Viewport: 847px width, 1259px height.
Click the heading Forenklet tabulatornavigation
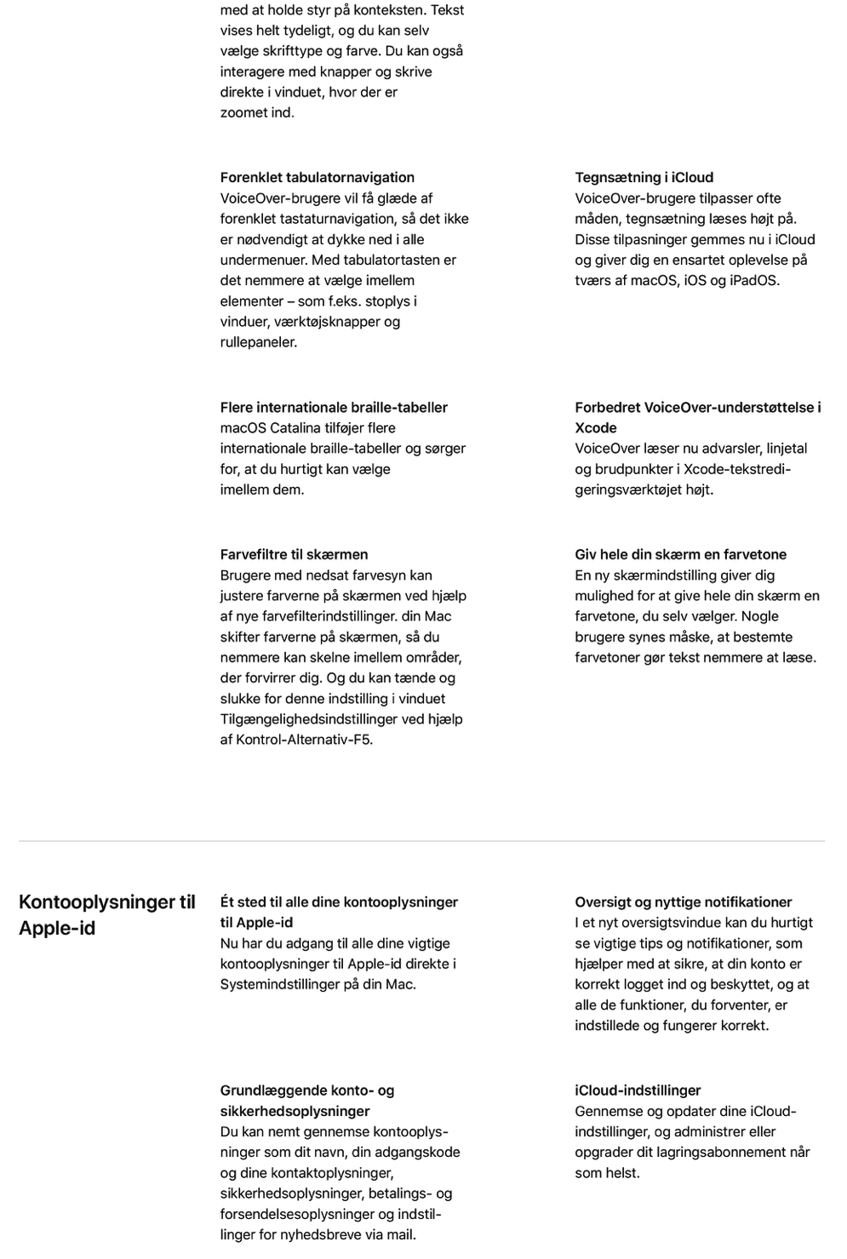point(317,177)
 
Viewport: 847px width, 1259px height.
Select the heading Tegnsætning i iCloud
point(644,177)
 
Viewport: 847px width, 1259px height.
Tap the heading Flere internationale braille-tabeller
point(334,407)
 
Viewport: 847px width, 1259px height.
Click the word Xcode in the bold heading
point(595,427)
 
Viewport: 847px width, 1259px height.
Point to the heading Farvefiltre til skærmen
point(294,554)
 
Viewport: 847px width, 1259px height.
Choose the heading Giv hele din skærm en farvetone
point(680,554)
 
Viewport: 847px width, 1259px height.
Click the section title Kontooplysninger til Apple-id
point(106,914)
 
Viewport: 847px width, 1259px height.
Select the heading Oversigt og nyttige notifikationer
point(683,901)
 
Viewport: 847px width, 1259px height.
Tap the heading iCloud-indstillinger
point(638,1090)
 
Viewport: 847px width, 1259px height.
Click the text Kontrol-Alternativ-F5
point(304,739)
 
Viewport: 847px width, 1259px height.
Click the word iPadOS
point(753,280)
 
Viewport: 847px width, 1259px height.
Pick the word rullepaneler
point(258,342)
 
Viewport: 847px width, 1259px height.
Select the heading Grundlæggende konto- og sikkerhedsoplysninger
point(306,1100)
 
